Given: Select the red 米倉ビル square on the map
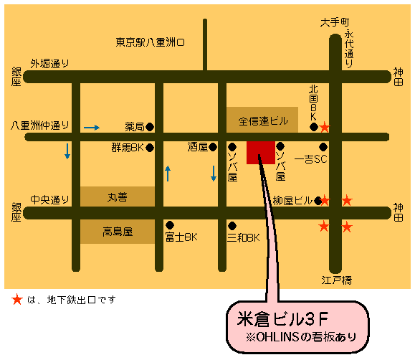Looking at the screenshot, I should click(260, 152).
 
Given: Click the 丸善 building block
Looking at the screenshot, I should click(117, 196).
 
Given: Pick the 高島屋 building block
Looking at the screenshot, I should click(117, 231).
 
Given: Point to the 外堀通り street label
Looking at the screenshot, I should click(49, 63).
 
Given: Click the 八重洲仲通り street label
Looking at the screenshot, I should click(41, 125).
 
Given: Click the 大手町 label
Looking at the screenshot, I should click(334, 22).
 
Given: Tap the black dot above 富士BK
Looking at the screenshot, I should click(170, 224).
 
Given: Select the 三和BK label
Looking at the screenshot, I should click(243, 237).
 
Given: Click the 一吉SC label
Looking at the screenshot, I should click(310, 159).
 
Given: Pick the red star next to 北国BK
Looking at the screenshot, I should click(325, 128).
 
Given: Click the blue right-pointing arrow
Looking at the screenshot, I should click(92, 128).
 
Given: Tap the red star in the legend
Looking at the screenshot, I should click(16, 300).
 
